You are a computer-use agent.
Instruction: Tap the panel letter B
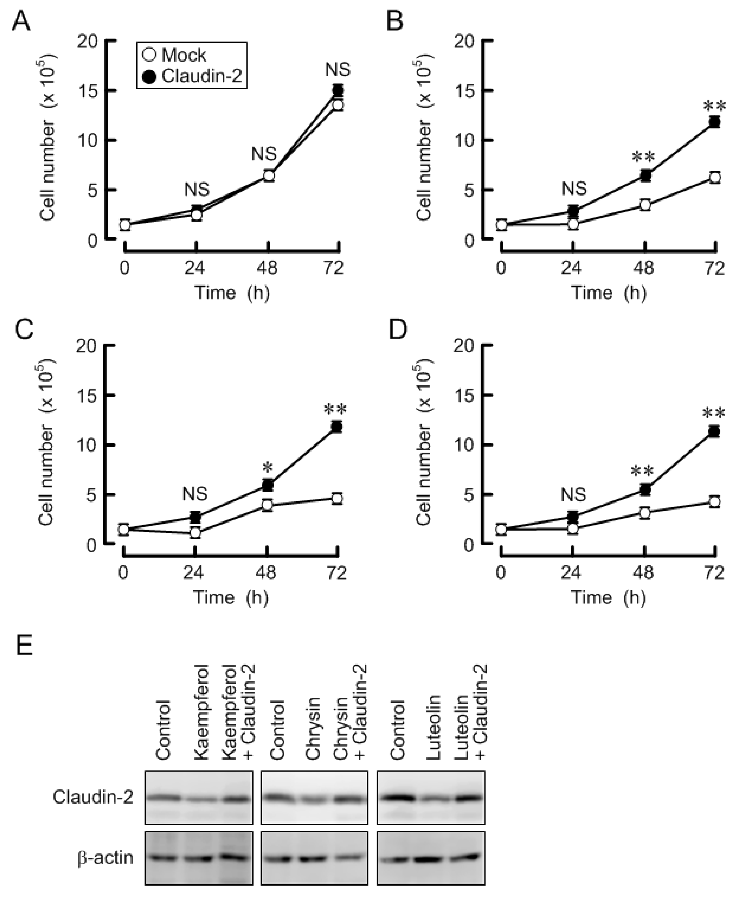[395, 20]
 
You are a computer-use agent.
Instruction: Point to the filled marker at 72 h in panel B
[715, 122]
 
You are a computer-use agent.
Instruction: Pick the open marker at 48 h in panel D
[645, 513]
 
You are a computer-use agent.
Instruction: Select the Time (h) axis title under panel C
[231, 598]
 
